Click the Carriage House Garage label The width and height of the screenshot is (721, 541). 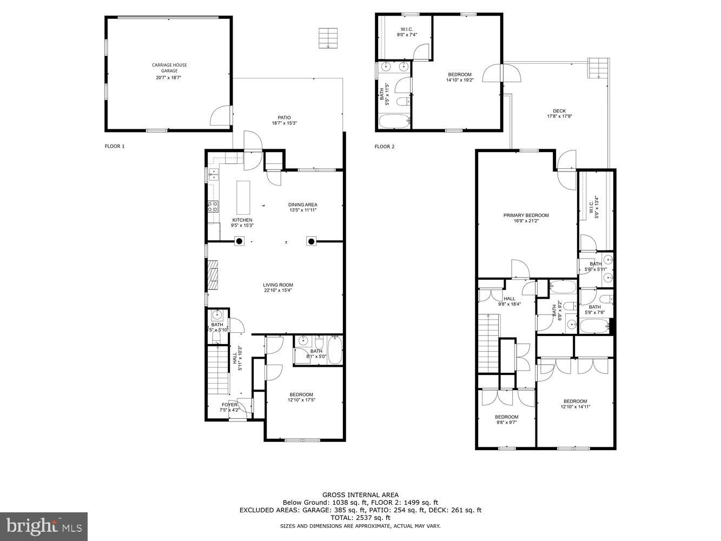point(169,68)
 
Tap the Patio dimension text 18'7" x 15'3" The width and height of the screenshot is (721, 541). point(284,123)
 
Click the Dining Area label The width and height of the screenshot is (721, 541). point(302,204)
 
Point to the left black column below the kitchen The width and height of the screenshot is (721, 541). point(239,241)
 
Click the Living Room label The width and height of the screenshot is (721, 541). point(278,285)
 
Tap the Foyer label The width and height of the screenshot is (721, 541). point(229,405)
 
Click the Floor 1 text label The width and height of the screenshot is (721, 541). point(115,146)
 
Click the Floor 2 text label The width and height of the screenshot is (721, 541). point(385,147)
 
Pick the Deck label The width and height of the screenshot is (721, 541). point(559,111)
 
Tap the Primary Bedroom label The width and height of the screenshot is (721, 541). point(526,215)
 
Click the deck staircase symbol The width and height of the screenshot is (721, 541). point(599,68)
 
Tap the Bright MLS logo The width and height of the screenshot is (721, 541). point(44,526)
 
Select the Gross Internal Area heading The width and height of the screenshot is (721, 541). point(360,494)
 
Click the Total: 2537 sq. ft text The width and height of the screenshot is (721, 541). point(360,518)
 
